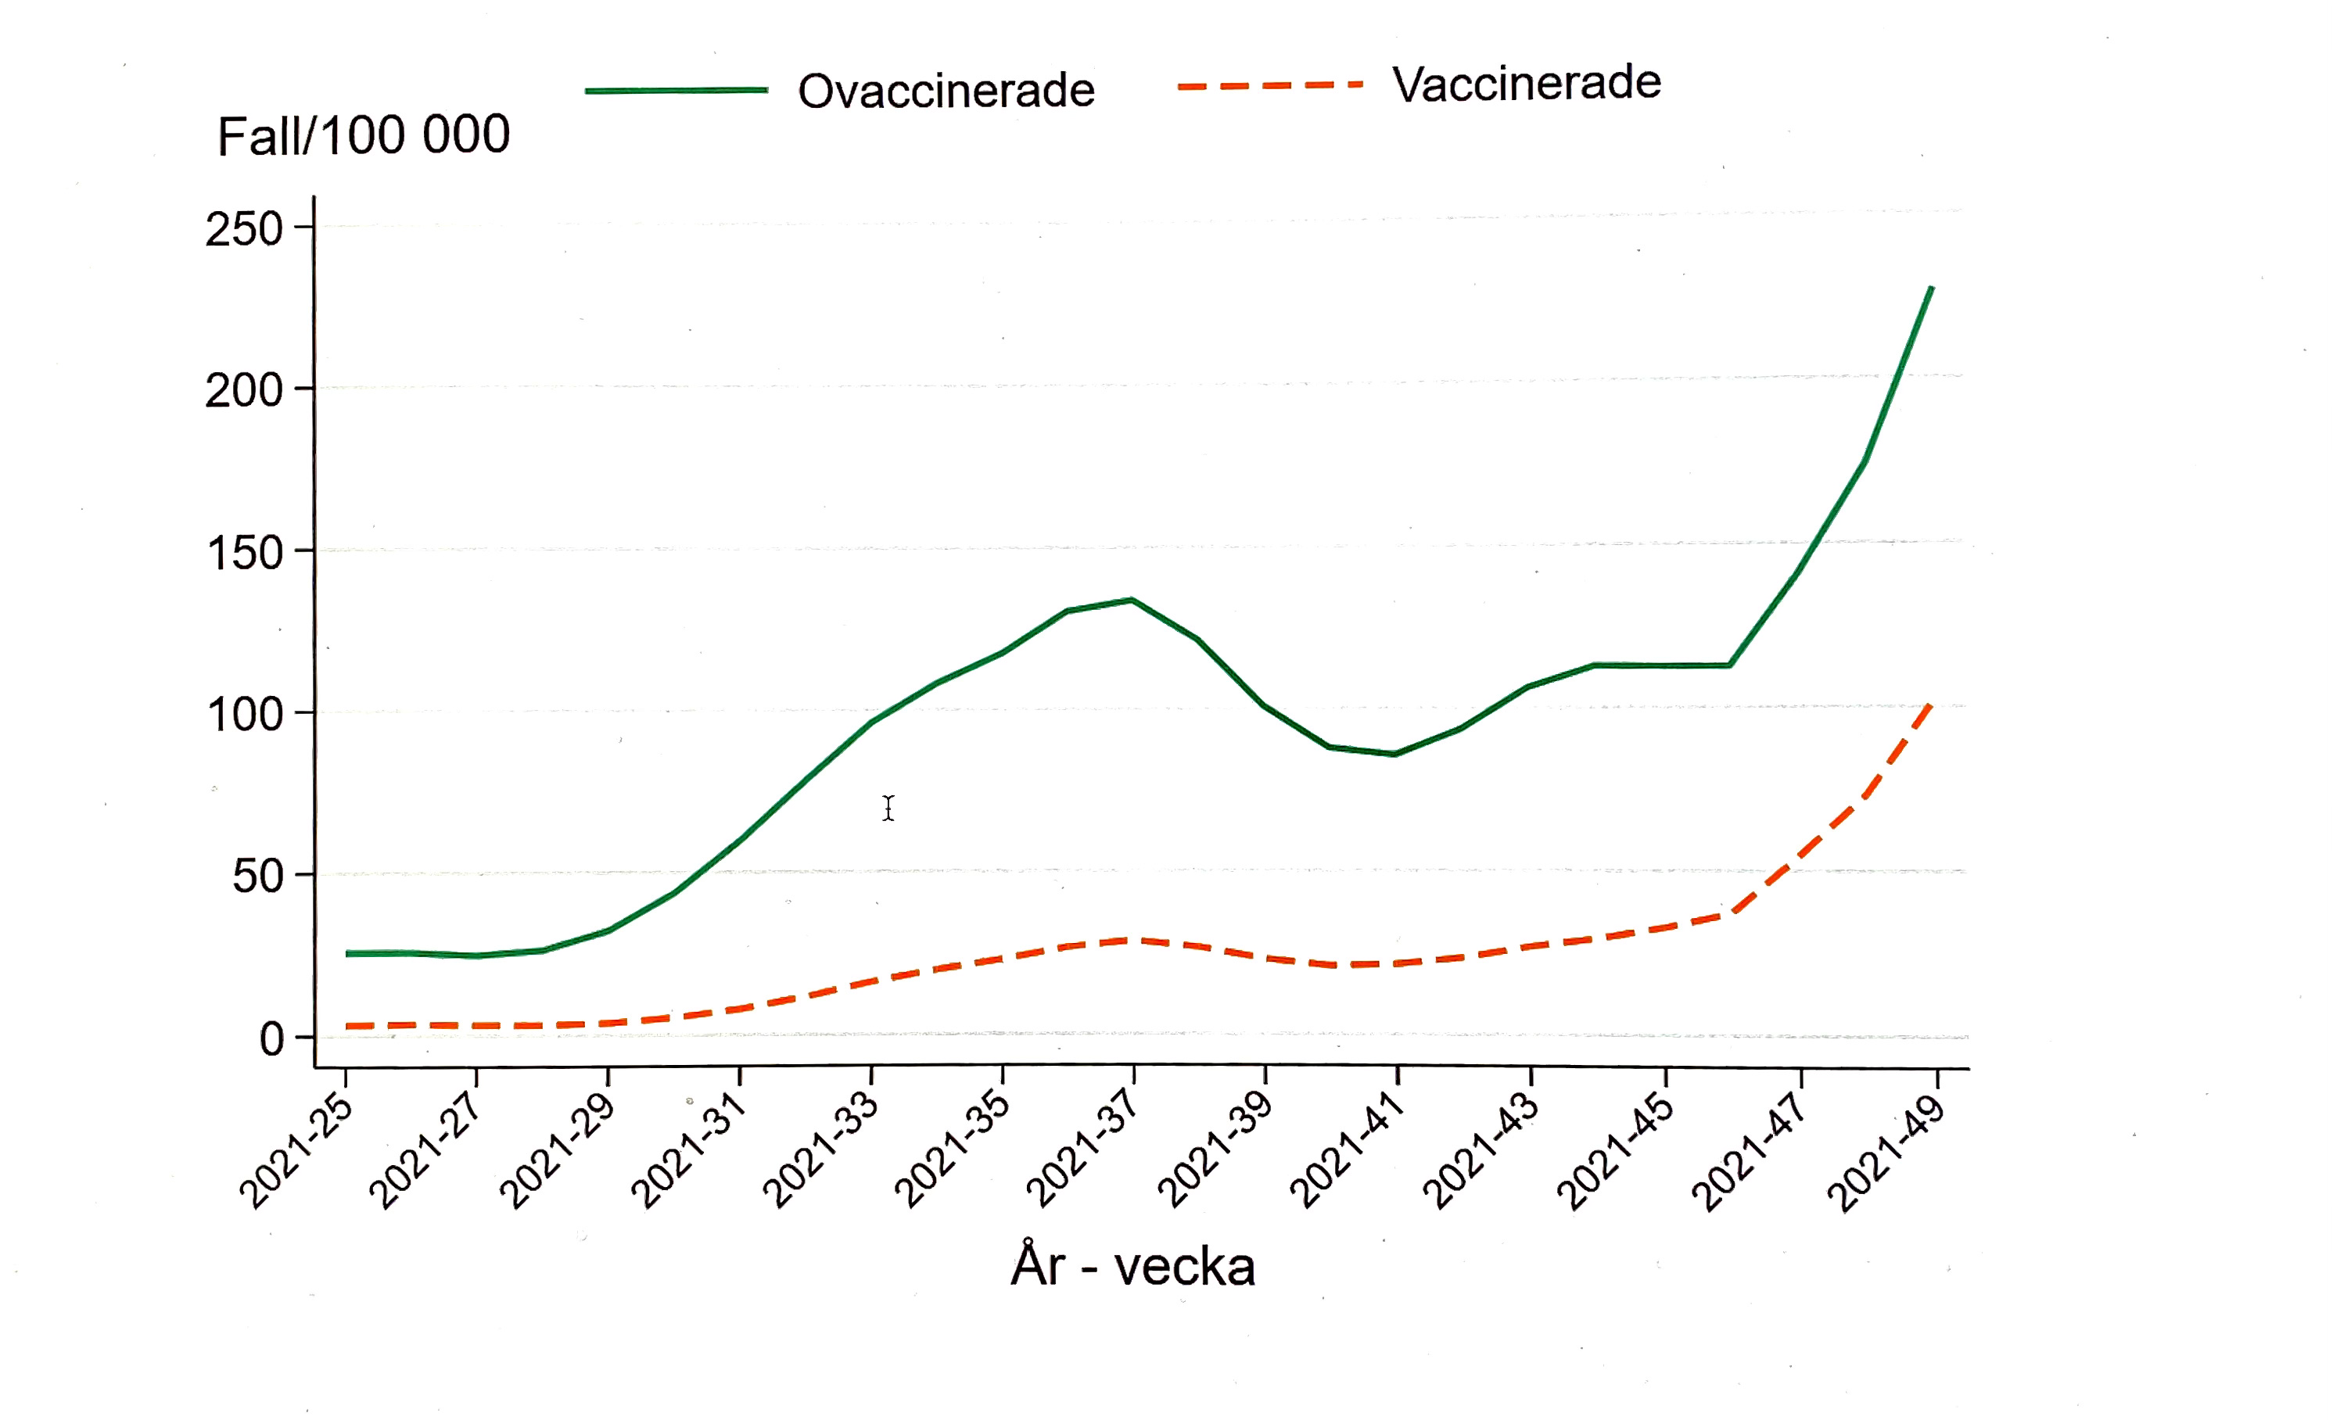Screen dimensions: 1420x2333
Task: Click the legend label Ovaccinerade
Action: click(945, 91)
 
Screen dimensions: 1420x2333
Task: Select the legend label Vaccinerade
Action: click(1525, 84)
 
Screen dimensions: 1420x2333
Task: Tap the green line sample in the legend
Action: click(676, 91)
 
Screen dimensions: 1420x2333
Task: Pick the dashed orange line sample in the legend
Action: click(1269, 85)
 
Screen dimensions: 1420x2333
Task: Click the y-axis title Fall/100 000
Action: click(364, 135)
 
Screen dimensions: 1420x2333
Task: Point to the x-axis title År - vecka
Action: click(1132, 1266)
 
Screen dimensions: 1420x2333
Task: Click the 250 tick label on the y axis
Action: click(244, 229)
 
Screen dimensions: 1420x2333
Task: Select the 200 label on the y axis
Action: click(244, 390)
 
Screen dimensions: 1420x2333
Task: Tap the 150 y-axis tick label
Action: click(244, 553)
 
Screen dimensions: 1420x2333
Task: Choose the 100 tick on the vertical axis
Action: click(244, 715)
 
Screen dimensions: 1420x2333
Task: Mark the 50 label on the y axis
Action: click(257, 877)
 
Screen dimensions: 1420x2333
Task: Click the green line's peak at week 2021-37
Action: click(1132, 599)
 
